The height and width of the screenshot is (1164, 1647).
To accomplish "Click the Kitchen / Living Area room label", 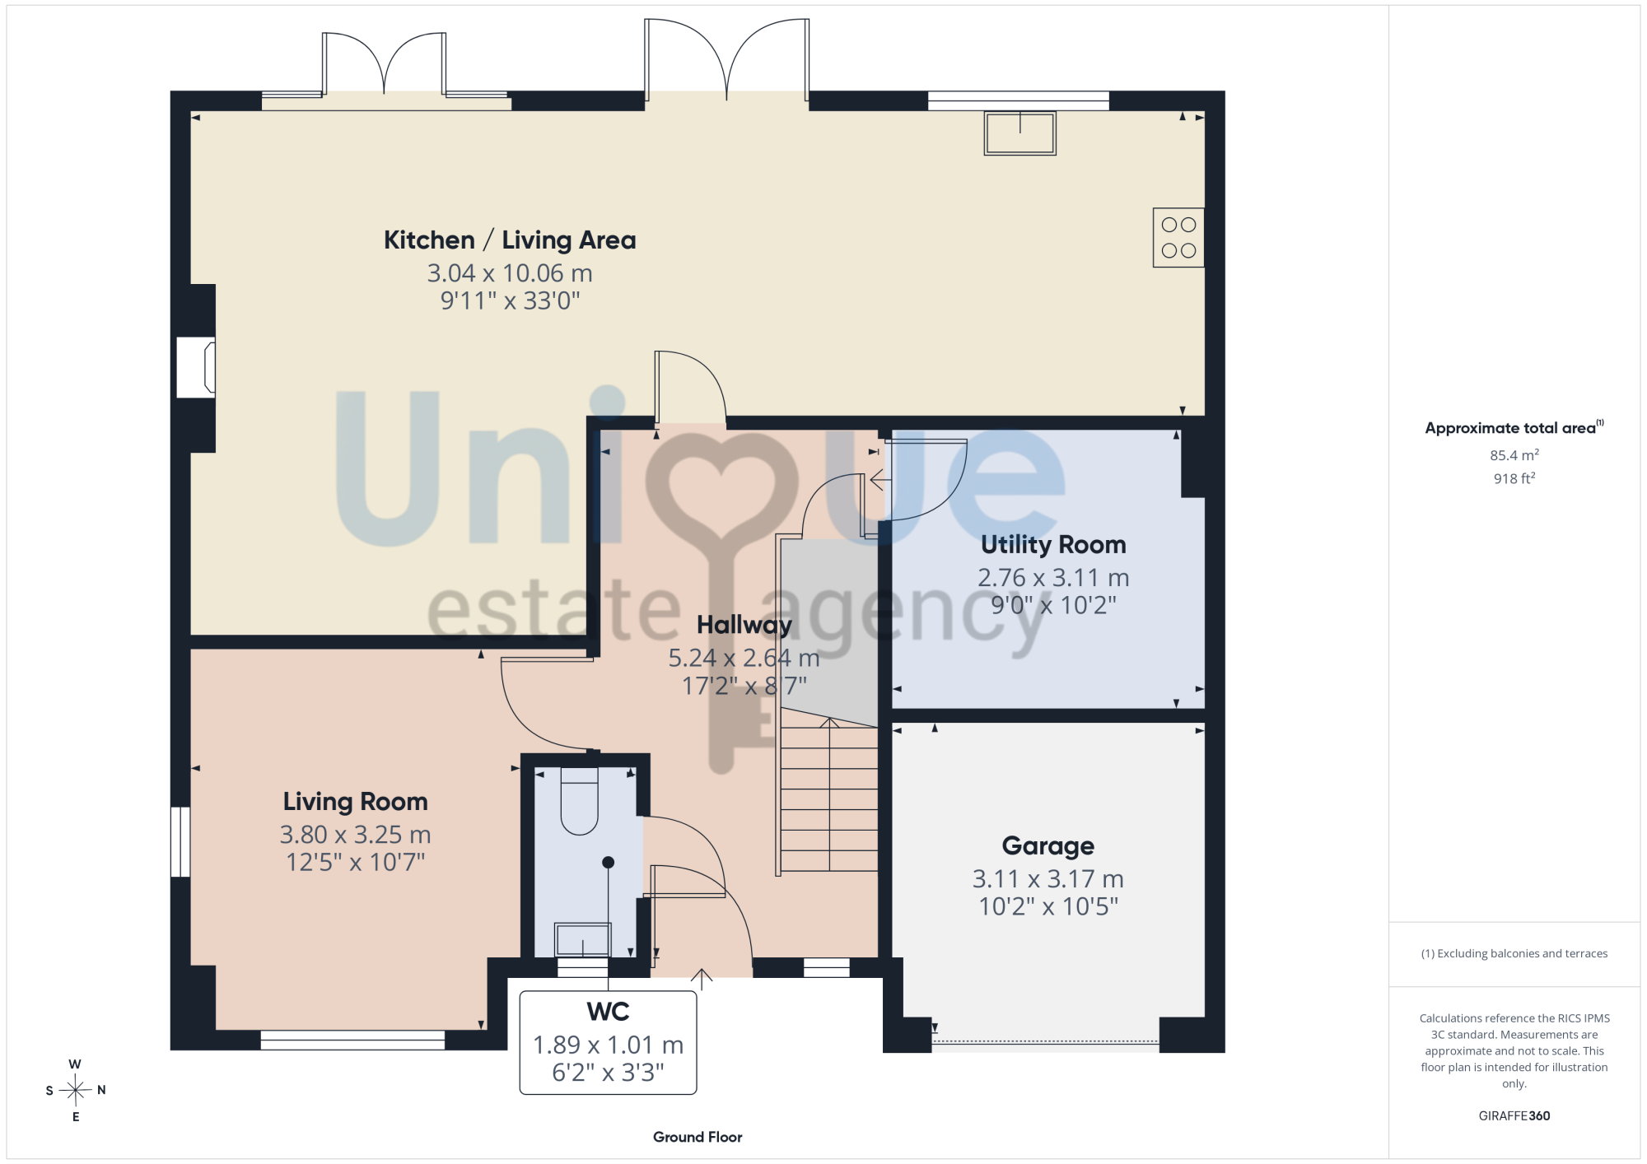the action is pos(510,240).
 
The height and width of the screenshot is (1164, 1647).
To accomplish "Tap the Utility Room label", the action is pos(1053,544).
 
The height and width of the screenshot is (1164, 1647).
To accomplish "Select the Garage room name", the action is pos(1047,845).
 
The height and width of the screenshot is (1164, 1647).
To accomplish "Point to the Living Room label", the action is pos(355,801).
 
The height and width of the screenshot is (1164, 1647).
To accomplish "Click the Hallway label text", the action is pos(744,625).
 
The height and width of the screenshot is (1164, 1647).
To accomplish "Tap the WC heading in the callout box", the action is pos(608,1011).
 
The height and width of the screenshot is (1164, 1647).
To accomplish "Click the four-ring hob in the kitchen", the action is pos(1178,237).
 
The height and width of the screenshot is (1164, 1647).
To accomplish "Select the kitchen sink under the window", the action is pos(1019,133).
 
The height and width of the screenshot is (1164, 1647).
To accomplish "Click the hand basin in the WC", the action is pos(582,939).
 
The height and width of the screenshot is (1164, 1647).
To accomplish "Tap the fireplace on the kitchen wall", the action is pos(197,367).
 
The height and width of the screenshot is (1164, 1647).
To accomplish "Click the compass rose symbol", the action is pos(76,1090).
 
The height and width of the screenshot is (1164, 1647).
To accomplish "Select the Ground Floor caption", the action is pos(698,1137).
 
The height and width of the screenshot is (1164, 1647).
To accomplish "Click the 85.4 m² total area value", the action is pos(1514,455).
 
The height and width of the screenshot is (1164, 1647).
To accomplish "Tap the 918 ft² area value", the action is pos(1514,478).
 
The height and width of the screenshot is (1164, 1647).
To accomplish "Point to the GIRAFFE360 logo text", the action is pos(1514,1116).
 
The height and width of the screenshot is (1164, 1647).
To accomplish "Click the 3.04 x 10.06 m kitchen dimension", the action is pos(510,272).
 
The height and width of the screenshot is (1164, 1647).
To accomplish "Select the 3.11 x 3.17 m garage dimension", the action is pos(1047,878).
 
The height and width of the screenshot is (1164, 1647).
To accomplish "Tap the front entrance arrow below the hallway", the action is pos(701,979).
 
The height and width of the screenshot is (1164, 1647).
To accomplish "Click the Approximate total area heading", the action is pos(1514,427).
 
